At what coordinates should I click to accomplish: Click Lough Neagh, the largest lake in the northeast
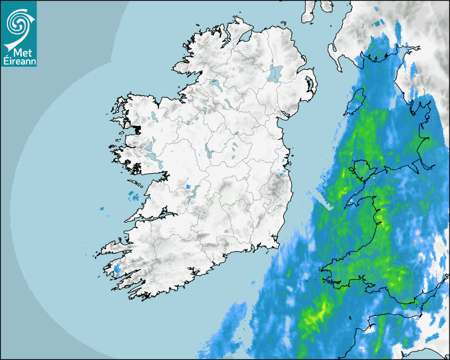coord(275,73)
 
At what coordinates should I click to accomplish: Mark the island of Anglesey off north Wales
coord(360,169)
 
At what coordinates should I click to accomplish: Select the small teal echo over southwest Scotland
coord(377,23)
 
